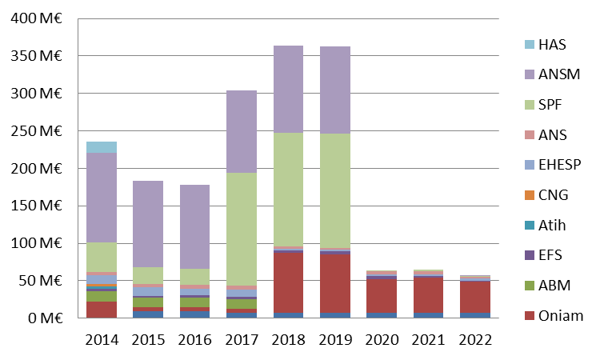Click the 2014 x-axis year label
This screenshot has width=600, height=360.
[102, 339]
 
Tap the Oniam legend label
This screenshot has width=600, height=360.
[560, 316]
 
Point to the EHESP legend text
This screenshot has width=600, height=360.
[558, 164]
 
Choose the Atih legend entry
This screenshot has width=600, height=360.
[552, 225]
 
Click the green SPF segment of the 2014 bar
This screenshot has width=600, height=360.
[102, 256]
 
